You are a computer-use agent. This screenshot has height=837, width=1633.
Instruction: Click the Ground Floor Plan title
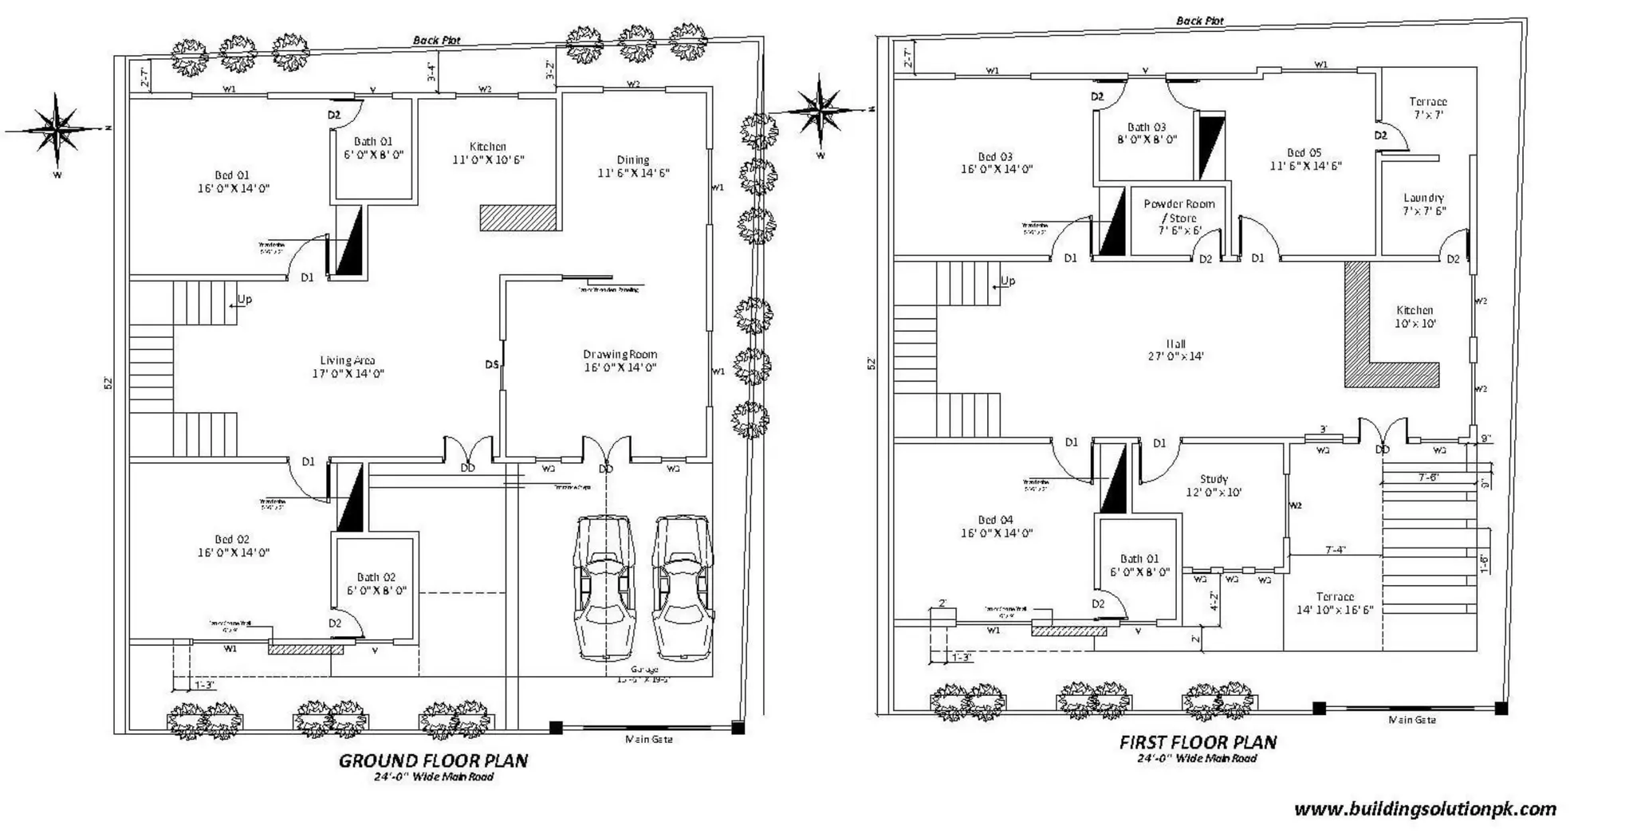pos(433,760)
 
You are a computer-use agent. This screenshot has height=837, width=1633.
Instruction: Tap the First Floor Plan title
pos(1198,742)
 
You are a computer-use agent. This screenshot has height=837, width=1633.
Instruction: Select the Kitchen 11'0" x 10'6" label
pos(488,153)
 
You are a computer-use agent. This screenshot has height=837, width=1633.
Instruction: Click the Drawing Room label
pos(620,360)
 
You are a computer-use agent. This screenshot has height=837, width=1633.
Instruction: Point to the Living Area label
pos(348,367)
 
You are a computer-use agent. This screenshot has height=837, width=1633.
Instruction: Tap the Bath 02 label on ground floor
pos(376,584)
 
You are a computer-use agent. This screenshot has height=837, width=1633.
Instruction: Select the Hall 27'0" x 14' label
pos(1175,350)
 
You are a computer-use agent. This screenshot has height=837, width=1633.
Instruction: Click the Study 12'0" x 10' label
pos(1214,485)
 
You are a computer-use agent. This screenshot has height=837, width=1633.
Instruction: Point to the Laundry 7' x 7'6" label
pos(1423,204)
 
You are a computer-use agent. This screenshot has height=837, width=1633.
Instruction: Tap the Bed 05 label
pos(1304,159)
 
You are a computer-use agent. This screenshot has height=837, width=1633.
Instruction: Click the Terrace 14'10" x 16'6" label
pos(1334,603)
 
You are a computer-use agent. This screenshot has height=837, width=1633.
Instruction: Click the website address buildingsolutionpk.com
pos(1424,810)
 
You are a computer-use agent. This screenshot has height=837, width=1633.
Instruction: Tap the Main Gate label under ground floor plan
pos(648,739)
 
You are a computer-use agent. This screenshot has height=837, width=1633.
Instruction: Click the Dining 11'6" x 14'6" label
pos(633,166)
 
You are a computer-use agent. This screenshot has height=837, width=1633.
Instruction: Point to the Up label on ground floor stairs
pos(244,300)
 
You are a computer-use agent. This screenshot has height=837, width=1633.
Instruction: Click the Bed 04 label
pos(996,526)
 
